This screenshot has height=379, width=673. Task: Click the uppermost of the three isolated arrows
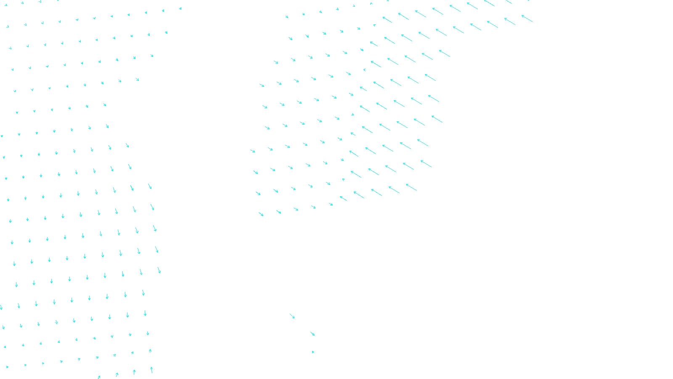coord(292,316)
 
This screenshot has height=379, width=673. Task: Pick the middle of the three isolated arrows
coord(313,334)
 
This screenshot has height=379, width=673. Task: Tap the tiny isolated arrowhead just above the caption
coord(313,352)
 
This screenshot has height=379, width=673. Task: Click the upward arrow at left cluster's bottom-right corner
coord(151,370)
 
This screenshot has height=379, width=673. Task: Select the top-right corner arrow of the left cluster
coord(180,8)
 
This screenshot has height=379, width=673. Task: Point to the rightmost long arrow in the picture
coord(527,19)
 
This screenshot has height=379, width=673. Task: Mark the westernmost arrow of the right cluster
coord(252,151)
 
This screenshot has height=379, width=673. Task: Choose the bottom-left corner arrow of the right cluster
coord(261,214)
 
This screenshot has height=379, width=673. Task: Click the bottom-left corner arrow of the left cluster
coord(7,367)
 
